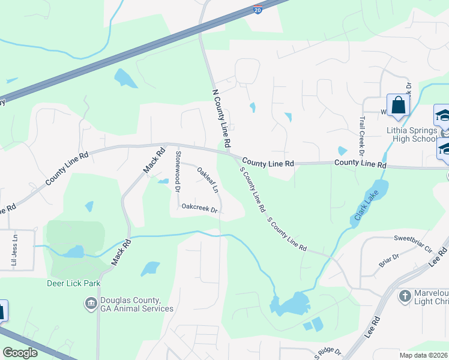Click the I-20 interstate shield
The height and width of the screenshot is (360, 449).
257,10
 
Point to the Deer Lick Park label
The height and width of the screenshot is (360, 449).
73,283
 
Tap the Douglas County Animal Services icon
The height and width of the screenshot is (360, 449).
91,304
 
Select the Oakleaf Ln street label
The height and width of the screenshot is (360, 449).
208,179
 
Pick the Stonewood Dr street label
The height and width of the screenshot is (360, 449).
178,171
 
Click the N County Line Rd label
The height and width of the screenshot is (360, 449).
221,119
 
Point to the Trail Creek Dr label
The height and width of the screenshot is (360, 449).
362,137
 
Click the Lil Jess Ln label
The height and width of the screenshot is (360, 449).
14,250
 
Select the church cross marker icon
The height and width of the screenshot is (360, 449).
405,296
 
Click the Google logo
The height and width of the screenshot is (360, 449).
20,353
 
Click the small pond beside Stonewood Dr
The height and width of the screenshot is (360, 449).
163,181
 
